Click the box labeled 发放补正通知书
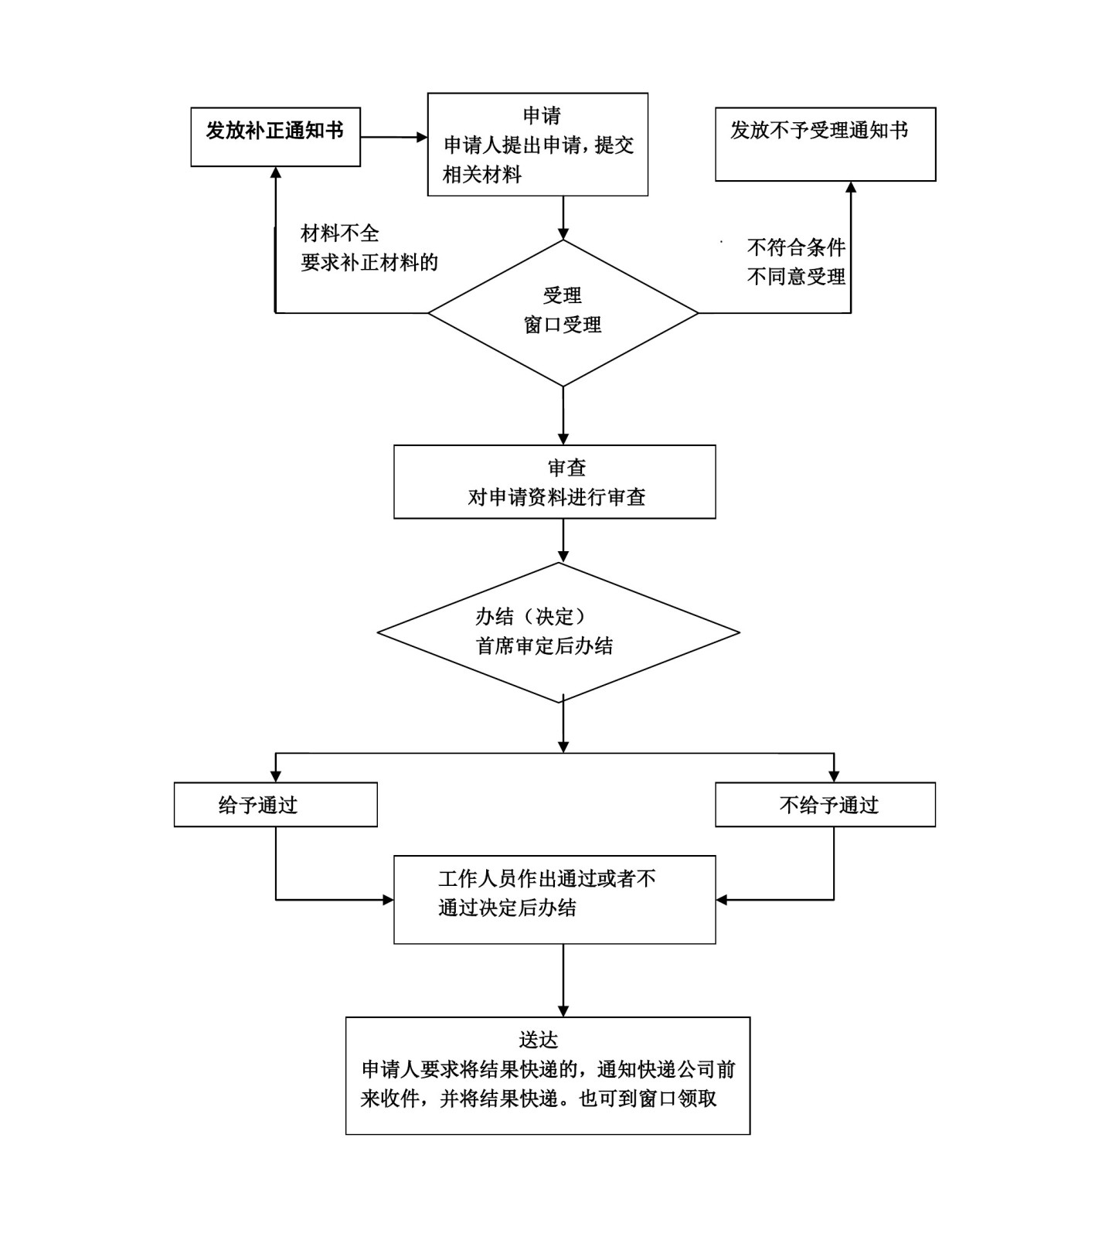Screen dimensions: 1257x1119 pyautogui.click(x=275, y=137)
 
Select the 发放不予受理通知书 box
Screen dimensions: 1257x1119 pyautogui.click(x=825, y=145)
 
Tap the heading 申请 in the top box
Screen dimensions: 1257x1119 pyautogui.click(x=541, y=116)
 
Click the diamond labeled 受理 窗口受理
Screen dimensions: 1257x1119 pyautogui.click(x=563, y=312)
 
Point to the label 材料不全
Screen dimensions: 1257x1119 pyautogui.click(x=340, y=233)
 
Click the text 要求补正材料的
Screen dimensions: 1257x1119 pyautogui.click(x=369, y=263)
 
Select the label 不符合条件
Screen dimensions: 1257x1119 pyautogui.click(x=796, y=247)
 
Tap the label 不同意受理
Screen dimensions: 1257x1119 pyautogui.click(x=796, y=277)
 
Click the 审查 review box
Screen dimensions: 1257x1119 pyautogui.click(x=554, y=481)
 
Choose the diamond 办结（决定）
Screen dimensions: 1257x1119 pyautogui.click(x=558, y=632)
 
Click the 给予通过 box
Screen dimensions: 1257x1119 pyautogui.click(x=275, y=805)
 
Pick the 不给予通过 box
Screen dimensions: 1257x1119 pyautogui.click(x=825, y=805)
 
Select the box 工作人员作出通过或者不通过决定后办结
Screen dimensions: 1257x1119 pyautogui.click(x=554, y=899)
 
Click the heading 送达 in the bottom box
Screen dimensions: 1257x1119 pyautogui.click(x=539, y=1040)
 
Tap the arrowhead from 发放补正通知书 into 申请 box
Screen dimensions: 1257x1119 pyautogui.click(x=422, y=138)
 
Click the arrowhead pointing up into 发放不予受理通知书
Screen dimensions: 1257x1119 pyautogui.click(x=851, y=188)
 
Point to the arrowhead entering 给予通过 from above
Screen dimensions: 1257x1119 pyautogui.click(x=276, y=777)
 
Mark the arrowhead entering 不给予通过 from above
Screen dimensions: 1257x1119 pyautogui.click(x=834, y=777)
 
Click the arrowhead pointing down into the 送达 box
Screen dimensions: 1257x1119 pyautogui.click(x=563, y=1011)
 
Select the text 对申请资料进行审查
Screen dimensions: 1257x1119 pyautogui.click(x=556, y=497)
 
